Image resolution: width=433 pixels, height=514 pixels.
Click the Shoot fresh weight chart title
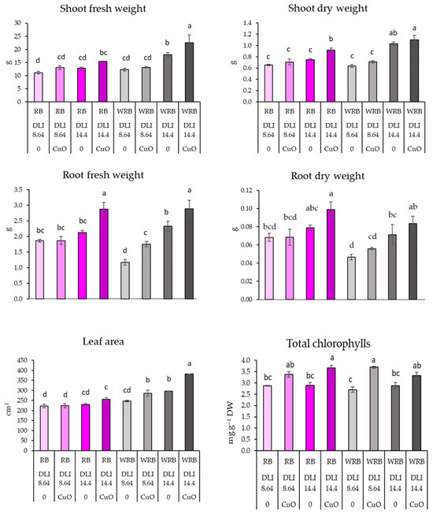click(x=103, y=9)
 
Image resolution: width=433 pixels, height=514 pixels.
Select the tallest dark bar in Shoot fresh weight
click(x=189, y=72)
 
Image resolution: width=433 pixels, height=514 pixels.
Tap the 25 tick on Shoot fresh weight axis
click(x=17, y=36)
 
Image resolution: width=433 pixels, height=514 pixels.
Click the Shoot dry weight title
click(x=328, y=9)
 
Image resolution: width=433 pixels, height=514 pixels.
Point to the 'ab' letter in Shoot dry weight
click(x=393, y=33)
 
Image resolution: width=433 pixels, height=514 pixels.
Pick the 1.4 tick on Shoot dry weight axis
click(x=247, y=23)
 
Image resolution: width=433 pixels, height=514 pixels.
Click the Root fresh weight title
click(x=103, y=175)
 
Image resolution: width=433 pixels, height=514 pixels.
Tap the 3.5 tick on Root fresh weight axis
click(x=18, y=189)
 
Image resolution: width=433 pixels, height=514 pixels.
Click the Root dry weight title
click(x=328, y=177)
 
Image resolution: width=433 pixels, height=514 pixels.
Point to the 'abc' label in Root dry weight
click(x=312, y=208)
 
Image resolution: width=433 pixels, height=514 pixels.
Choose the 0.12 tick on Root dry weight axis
click(x=246, y=190)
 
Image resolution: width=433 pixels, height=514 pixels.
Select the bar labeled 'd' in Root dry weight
click(x=351, y=278)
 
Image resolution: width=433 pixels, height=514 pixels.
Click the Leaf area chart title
click(x=103, y=341)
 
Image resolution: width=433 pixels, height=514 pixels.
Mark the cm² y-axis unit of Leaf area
click(x=9, y=410)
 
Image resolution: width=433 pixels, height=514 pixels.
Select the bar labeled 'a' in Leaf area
click(x=189, y=412)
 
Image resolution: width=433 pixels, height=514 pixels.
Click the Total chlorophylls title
click(x=328, y=344)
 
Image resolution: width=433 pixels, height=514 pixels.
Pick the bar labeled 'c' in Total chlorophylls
click(x=352, y=420)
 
